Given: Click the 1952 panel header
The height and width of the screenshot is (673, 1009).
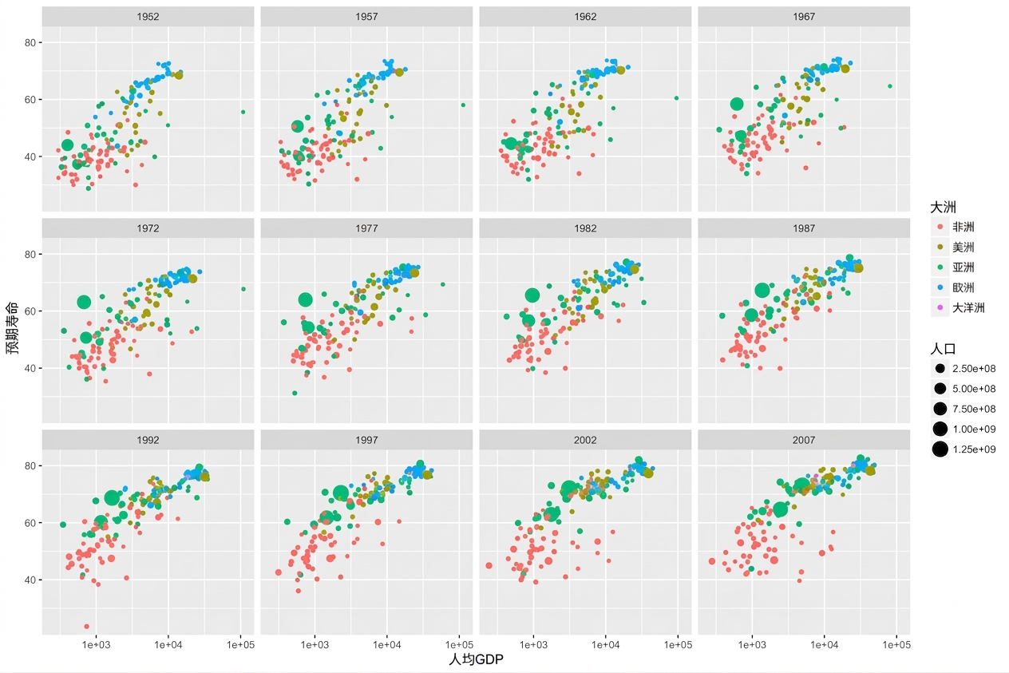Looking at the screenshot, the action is click(x=148, y=17).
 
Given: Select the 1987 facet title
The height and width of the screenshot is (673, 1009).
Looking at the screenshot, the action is click(x=804, y=228).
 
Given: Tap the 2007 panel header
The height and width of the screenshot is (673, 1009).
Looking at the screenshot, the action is click(x=804, y=440).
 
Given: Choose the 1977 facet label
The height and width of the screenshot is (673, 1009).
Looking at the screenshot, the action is click(x=366, y=228).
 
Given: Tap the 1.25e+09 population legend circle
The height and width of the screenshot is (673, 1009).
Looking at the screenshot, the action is click(x=940, y=449).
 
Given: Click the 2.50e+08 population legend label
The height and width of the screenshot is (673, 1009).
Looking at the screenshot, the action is click(x=974, y=369).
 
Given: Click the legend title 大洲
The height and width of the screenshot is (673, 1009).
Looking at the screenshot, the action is click(x=944, y=208).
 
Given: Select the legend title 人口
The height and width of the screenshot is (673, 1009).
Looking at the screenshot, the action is click(x=944, y=349).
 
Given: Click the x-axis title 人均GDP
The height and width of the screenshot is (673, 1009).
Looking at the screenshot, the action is click(x=476, y=659).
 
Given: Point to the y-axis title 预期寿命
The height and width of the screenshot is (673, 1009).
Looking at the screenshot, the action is click(x=12, y=327).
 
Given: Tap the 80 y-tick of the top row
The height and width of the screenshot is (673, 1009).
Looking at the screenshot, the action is click(x=30, y=43).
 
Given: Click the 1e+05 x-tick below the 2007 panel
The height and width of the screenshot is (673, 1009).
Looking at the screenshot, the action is click(x=896, y=645).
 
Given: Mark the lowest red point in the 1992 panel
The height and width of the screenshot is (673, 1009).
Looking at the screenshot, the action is click(x=86, y=627).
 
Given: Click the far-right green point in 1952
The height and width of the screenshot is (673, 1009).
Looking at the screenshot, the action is click(x=243, y=112).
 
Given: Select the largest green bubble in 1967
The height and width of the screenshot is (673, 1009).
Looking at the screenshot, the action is click(x=737, y=104).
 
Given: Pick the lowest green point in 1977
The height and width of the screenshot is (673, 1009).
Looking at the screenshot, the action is click(x=295, y=394).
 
